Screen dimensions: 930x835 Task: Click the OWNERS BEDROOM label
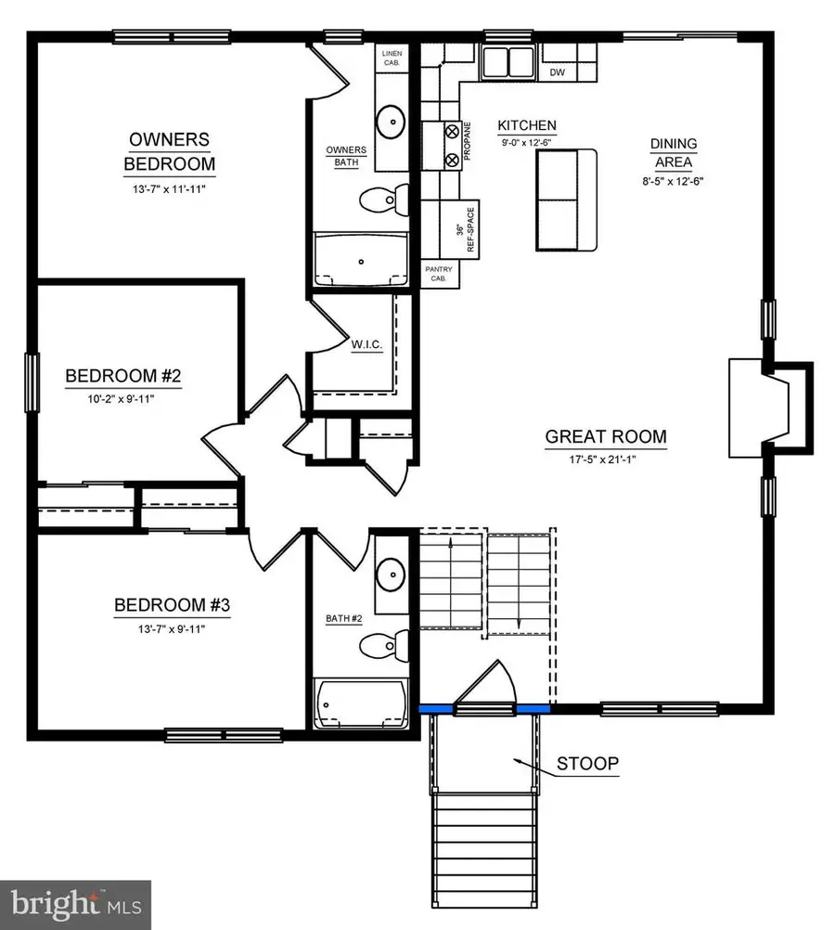coord(170,152)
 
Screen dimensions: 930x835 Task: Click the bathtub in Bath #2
coord(362,704)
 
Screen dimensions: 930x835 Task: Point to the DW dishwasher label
coord(558,72)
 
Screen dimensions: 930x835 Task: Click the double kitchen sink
coord(507,63)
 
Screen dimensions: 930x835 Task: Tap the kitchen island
coord(565,200)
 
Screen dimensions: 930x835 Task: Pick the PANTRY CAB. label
coord(439,272)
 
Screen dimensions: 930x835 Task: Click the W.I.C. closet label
coord(367,344)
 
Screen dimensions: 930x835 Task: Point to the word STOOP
coord(587,765)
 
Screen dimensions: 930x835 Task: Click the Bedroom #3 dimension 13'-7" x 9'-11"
coord(171,628)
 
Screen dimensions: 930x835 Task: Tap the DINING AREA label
coord(673,151)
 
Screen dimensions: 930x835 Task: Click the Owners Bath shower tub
coord(363,260)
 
